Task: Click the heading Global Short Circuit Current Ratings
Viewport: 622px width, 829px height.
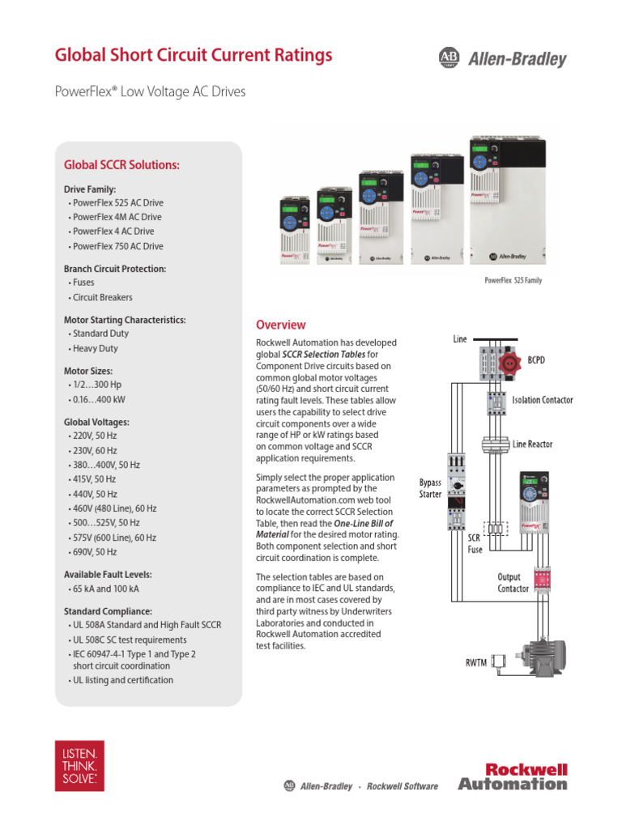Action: pyautogui.click(x=193, y=55)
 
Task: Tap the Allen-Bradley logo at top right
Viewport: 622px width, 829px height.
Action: pyautogui.click(x=502, y=57)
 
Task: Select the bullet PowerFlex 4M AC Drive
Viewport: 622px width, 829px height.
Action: pyautogui.click(x=117, y=217)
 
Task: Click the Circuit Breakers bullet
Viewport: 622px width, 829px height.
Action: pyautogui.click(x=102, y=297)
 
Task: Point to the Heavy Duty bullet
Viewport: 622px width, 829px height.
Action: pyautogui.click(x=95, y=348)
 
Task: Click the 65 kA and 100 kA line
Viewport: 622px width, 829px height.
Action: pyautogui.click(x=105, y=589)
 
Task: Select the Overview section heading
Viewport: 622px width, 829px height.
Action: pyautogui.click(x=281, y=325)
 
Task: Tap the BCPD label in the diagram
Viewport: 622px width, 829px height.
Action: pyautogui.click(x=536, y=359)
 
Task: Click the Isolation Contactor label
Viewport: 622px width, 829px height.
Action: pyautogui.click(x=542, y=400)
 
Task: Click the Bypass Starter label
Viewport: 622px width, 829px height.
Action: pyautogui.click(x=430, y=487)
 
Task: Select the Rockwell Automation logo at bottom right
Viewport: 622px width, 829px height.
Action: pyautogui.click(x=513, y=776)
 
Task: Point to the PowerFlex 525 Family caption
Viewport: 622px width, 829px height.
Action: pyautogui.click(x=513, y=280)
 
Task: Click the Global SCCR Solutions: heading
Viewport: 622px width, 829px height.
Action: pyautogui.click(x=121, y=165)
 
